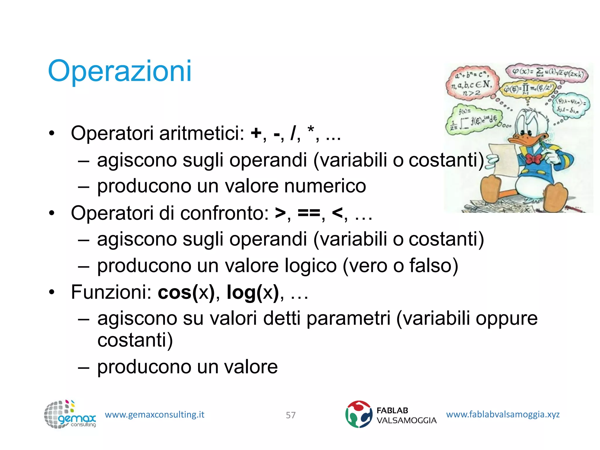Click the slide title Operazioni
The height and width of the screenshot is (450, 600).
point(120,71)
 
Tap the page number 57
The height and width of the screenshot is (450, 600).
point(291,415)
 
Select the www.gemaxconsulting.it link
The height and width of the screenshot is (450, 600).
point(154,415)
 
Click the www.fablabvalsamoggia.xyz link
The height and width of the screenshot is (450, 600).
point(503,414)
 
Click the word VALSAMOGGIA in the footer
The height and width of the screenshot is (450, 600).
point(406,420)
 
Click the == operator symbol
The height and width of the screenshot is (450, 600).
point(309,213)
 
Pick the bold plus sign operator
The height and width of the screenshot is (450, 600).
point(256,134)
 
